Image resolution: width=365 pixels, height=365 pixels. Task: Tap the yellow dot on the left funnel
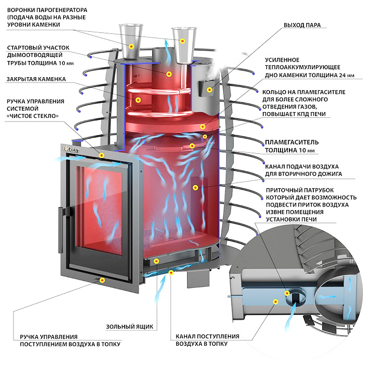[x=131, y=46]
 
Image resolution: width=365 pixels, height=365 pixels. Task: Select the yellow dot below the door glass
[x=102, y=280]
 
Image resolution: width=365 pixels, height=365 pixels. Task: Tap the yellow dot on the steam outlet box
[x=210, y=90]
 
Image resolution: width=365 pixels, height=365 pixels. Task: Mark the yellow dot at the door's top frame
[x=102, y=155]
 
